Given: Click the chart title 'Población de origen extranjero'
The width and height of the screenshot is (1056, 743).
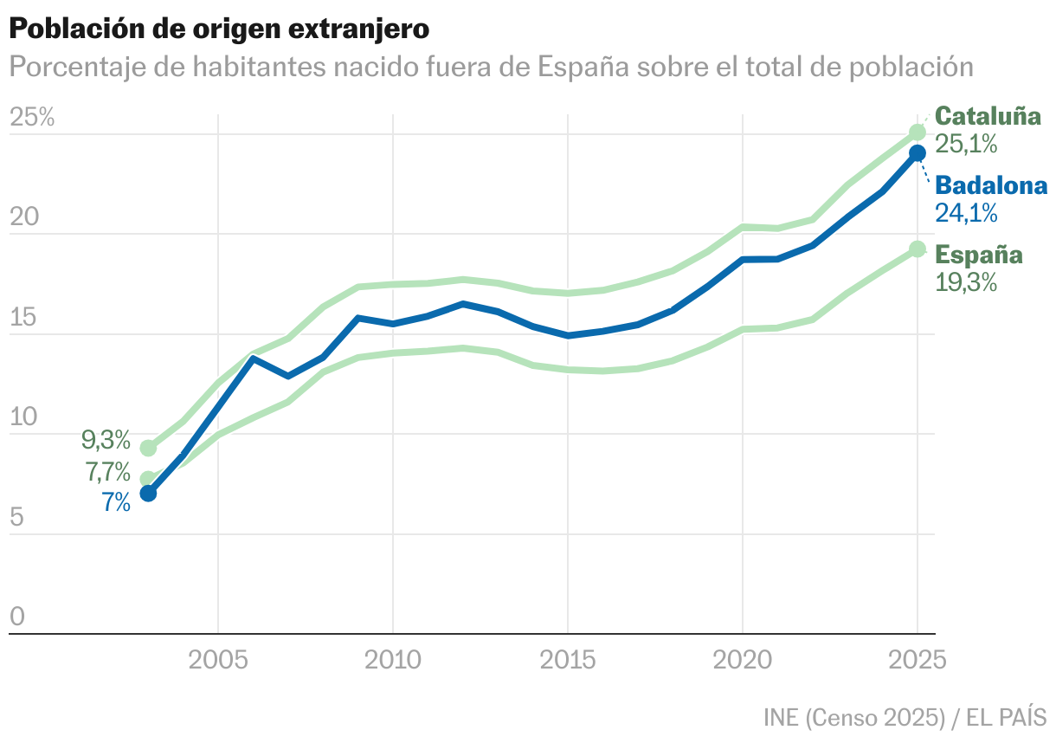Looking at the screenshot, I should [219, 29].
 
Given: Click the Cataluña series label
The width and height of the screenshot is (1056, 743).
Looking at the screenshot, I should [989, 116].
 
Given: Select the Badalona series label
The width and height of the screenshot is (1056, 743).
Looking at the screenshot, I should [992, 185].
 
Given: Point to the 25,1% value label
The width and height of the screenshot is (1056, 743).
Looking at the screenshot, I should [966, 144].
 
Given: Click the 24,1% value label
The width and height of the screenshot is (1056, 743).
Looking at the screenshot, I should [966, 213].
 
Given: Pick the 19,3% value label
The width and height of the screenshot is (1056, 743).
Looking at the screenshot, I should [966, 282].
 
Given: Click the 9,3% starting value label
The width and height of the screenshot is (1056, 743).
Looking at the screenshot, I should [106, 440].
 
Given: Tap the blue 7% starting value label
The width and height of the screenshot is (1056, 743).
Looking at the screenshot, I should [116, 502].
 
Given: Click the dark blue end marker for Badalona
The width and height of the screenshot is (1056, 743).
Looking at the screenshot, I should [918, 153].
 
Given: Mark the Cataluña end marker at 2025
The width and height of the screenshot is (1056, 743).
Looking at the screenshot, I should [918, 132].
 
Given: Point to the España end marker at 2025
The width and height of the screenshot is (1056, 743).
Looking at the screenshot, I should [918, 249].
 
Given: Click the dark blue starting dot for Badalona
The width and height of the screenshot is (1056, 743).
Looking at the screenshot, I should [148, 494].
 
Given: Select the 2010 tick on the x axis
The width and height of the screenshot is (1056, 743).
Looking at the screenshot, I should [393, 662].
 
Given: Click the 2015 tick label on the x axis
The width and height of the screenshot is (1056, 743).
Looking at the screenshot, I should [568, 662].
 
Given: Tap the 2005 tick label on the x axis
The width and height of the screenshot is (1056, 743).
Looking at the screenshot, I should [218, 662].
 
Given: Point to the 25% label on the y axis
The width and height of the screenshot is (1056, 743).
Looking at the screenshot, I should [32, 119].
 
